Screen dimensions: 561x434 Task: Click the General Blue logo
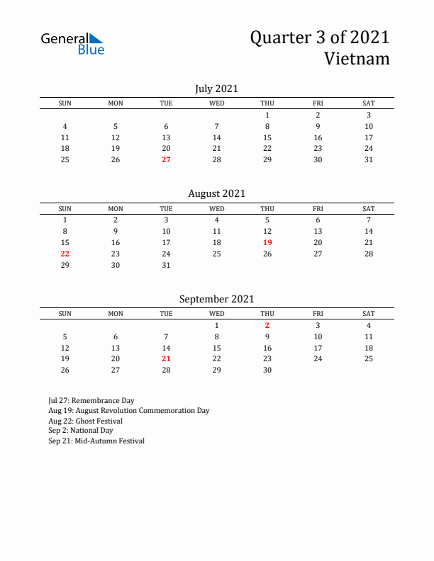pyautogui.click(x=72, y=43)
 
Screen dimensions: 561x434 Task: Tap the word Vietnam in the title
pyautogui.click(x=357, y=58)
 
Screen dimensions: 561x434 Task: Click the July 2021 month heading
pyautogui.click(x=216, y=89)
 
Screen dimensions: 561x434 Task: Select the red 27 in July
pyautogui.click(x=166, y=160)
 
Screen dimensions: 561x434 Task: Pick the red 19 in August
pyautogui.click(x=267, y=242)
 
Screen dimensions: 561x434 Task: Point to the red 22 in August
pyautogui.click(x=65, y=254)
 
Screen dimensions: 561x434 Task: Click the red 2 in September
pyautogui.click(x=267, y=325)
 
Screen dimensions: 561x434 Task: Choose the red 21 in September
pyautogui.click(x=166, y=358)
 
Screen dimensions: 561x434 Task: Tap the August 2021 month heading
pyautogui.click(x=216, y=193)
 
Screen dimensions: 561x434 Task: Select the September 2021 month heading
pyautogui.click(x=216, y=299)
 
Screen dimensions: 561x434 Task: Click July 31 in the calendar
pyautogui.click(x=369, y=160)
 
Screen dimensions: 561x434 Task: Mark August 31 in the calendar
pyautogui.click(x=166, y=265)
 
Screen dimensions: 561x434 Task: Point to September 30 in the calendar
pyautogui.click(x=267, y=370)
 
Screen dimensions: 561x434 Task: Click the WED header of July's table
pyautogui.click(x=217, y=103)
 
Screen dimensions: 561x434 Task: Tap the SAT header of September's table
pyautogui.click(x=369, y=314)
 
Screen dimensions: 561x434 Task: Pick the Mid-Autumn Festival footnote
pyautogui.click(x=96, y=441)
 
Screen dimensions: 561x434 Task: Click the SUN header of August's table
pyautogui.click(x=65, y=209)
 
